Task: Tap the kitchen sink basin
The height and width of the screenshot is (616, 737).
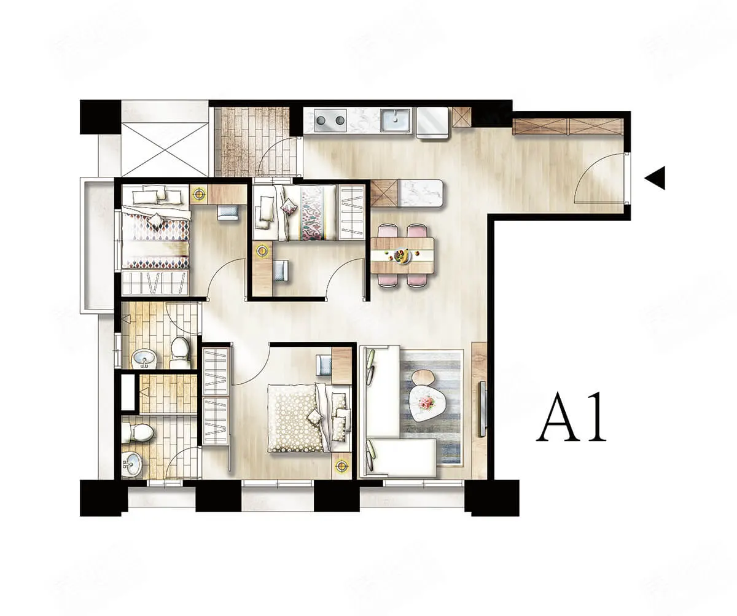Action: [396, 119]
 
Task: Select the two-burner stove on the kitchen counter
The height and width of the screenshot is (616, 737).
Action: [330, 120]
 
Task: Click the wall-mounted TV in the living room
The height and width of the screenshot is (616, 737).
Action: [482, 410]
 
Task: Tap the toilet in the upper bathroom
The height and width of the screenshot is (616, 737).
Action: [181, 352]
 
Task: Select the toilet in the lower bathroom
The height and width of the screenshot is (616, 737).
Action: [138, 433]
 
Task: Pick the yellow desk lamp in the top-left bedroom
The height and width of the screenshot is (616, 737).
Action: [199, 194]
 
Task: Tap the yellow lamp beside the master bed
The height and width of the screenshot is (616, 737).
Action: [341, 466]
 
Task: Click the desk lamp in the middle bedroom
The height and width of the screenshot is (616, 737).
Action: [262, 251]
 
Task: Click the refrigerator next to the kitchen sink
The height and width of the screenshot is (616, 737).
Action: [432, 122]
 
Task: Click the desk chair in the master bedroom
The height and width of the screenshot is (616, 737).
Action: [324, 365]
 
